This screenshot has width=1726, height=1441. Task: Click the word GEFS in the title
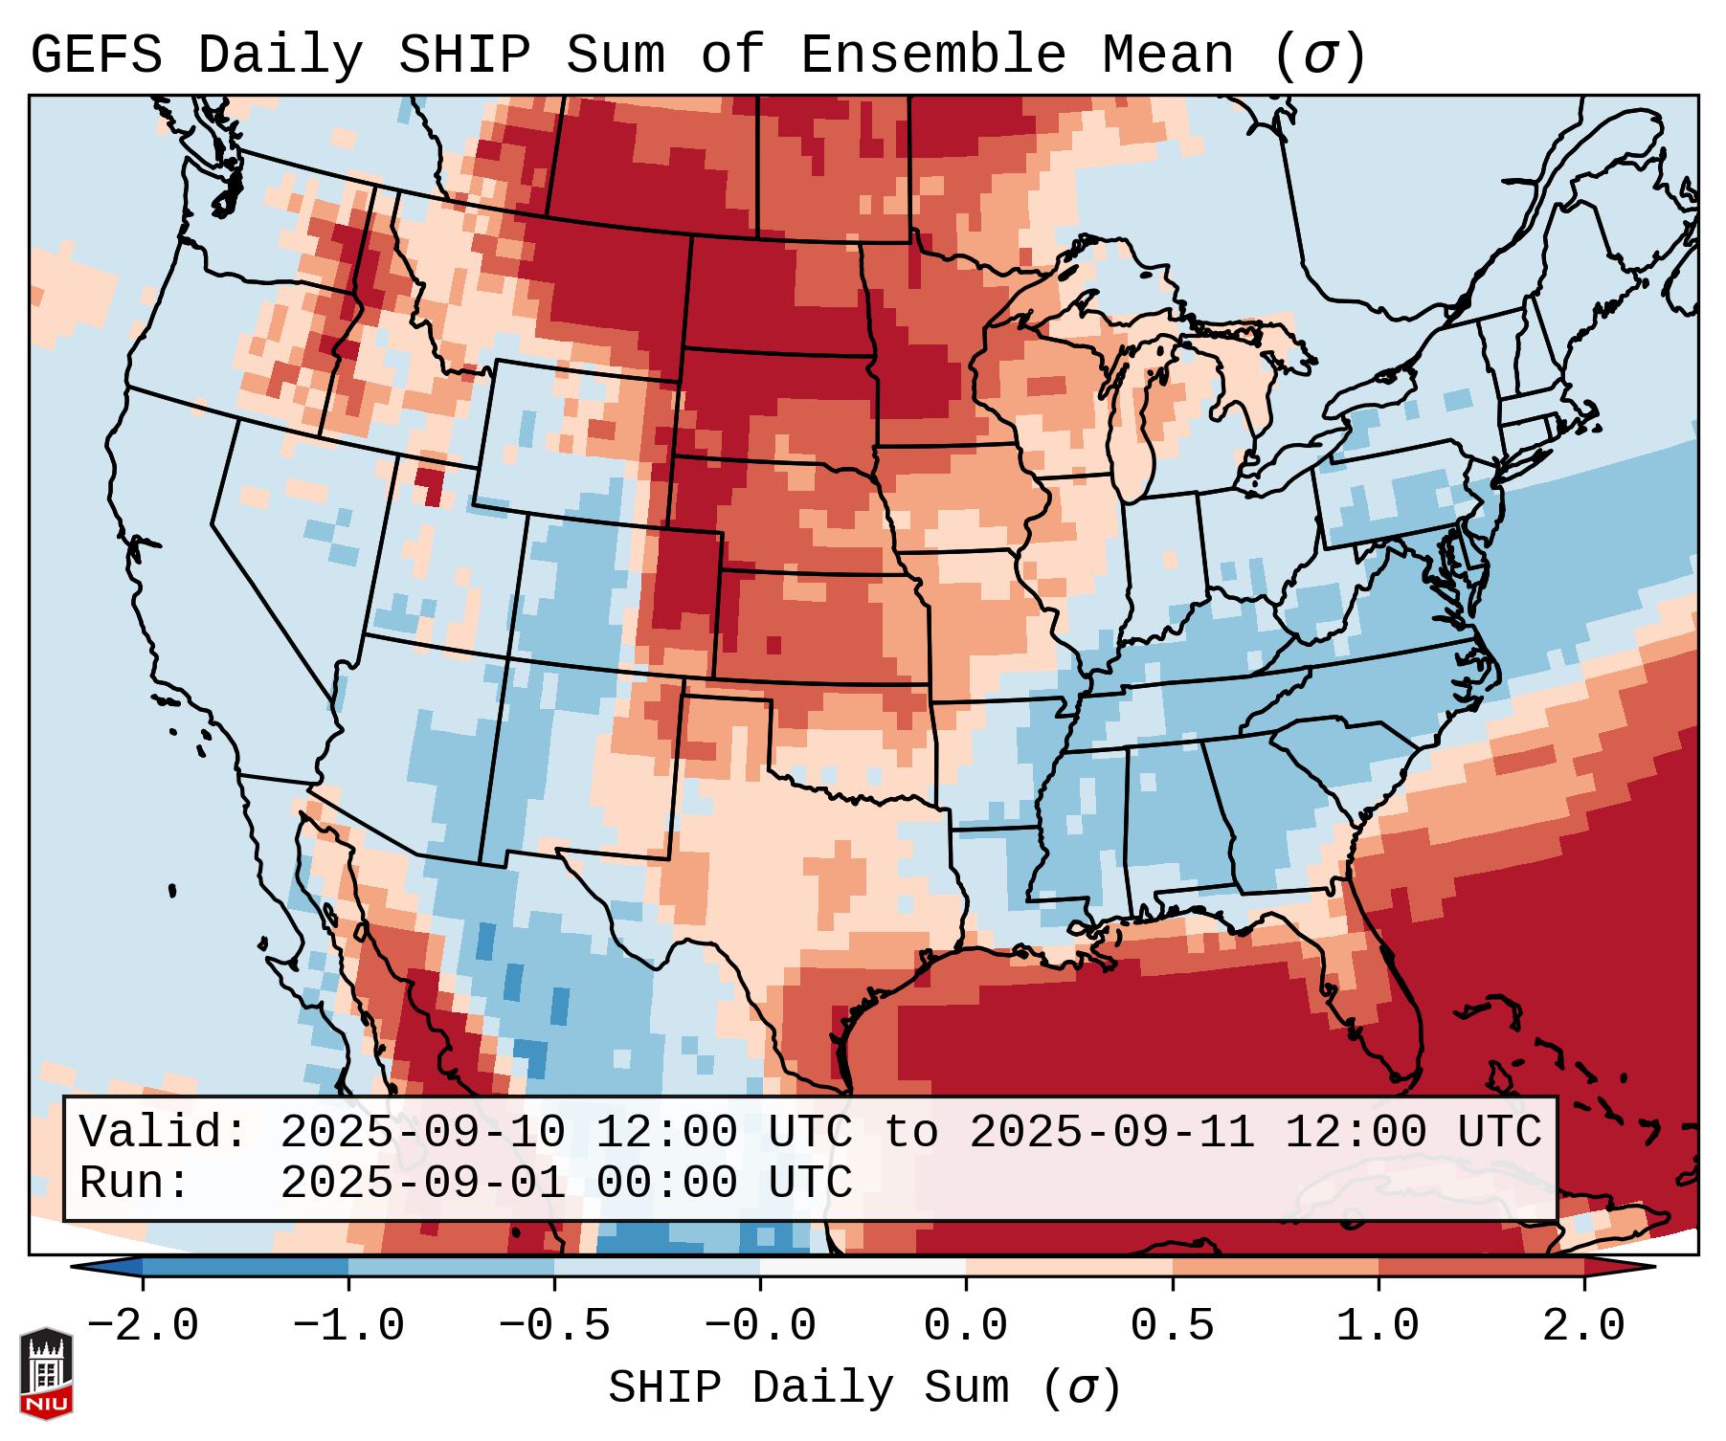pyautogui.click(x=96, y=55)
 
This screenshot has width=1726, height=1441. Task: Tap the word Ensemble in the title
pyautogui.click(x=933, y=55)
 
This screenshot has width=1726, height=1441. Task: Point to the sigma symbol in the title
pyautogui.click(x=1318, y=57)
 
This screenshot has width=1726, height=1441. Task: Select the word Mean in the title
pyautogui.click(x=1168, y=55)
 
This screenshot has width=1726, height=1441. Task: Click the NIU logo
pyautogui.click(x=46, y=1373)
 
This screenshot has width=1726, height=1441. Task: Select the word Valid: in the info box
pyautogui.click(x=164, y=1133)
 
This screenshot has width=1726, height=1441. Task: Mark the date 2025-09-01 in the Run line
pyautogui.click(x=422, y=1184)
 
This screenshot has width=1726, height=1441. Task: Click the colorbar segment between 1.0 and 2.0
pyautogui.click(x=1481, y=1266)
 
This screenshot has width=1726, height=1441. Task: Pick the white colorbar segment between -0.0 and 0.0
pyautogui.click(x=863, y=1266)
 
